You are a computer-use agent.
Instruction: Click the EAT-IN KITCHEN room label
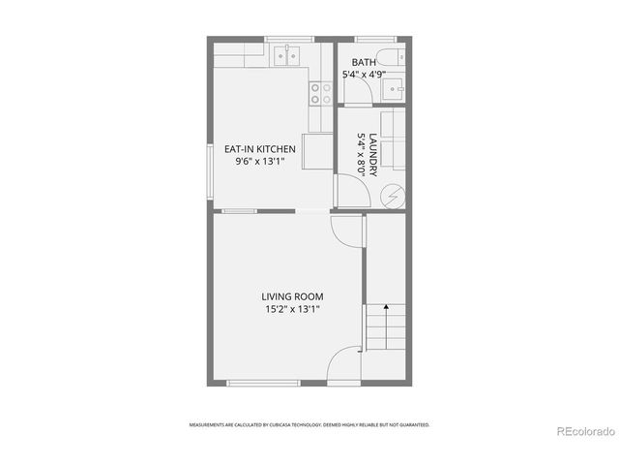pos(260,148)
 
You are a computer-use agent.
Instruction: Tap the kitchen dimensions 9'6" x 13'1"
pos(260,162)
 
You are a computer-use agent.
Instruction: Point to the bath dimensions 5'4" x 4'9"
pos(365,74)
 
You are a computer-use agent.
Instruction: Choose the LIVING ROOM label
pos(292,296)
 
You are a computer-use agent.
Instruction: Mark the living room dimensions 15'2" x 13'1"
pos(292,310)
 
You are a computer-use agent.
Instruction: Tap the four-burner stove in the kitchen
pos(320,93)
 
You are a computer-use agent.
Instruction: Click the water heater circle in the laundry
pos(392,197)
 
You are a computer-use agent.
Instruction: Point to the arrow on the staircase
pos(385,308)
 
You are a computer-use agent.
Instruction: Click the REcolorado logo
pos(583,431)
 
